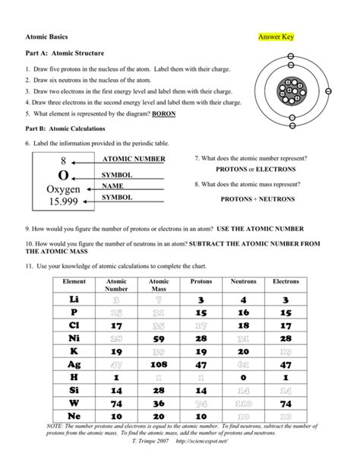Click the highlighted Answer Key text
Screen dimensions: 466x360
(x=275, y=36)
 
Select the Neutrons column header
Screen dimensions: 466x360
(x=243, y=281)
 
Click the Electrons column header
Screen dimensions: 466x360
(x=286, y=281)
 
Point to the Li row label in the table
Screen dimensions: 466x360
(x=75, y=300)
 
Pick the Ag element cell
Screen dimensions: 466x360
(x=75, y=364)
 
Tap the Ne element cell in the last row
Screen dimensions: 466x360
(x=75, y=417)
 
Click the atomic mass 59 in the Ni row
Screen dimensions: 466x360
(x=159, y=339)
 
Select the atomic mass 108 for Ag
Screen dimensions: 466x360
(x=159, y=364)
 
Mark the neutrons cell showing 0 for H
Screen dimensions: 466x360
(x=243, y=378)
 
